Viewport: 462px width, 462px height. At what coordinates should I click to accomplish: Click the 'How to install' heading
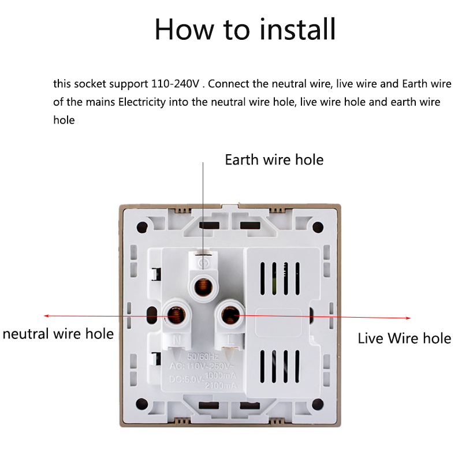(x=245, y=29)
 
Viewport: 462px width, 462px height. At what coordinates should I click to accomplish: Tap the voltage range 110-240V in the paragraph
(x=175, y=84)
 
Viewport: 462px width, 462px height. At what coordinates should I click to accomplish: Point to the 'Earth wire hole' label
(x=274, y=159)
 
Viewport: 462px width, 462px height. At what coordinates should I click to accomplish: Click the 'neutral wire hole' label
(x=58, y=334)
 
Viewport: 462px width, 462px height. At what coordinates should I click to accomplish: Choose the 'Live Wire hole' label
(x=404, y=338)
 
